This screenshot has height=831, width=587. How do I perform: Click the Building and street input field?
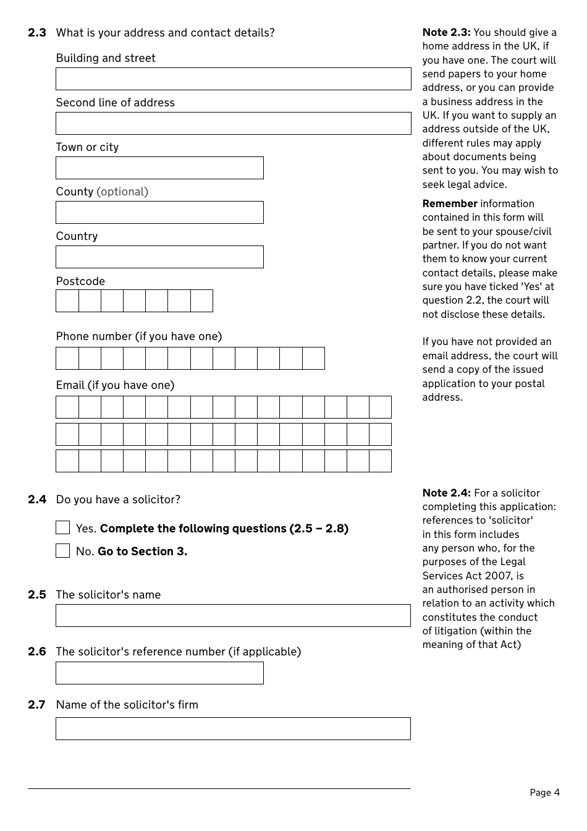(233, 79)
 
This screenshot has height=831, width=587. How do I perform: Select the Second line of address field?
(233, 124)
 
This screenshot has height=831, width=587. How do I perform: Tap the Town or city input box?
(159, 168)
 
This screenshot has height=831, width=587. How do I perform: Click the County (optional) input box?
(159, 213)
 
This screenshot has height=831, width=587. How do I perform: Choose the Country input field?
(159, 257)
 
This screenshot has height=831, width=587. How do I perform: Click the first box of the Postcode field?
(67, 301)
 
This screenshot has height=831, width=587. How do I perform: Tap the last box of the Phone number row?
(313, 359)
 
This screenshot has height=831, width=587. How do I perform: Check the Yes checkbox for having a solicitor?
(63, 528)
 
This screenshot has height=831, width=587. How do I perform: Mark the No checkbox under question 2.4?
(63, 551)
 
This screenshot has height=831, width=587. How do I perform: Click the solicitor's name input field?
(233, 616)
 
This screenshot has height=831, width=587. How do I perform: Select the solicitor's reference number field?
(159, 673)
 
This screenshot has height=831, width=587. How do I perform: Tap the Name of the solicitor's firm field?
(233, 729)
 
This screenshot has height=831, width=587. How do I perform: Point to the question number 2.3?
(37, 33)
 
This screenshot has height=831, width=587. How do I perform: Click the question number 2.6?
(37, 652)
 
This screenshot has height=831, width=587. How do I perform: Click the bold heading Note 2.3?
(446, 32)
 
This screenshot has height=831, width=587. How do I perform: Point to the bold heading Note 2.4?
(446, 493)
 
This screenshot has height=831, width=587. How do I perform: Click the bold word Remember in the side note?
(450, 203)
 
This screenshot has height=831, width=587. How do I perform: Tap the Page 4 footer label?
(544, 793)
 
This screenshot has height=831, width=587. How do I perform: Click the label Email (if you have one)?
(116, 385)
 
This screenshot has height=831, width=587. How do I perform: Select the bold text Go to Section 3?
(142, 552)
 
